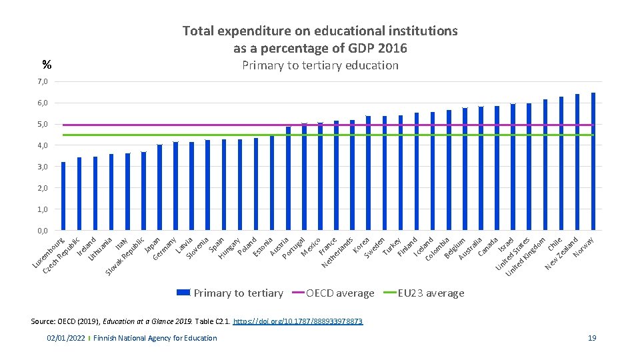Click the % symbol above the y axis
(x=47, y=65)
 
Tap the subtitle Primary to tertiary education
(x=320, y=65)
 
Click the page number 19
(x=592, y=338)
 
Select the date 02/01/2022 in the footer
(x=65, y=338)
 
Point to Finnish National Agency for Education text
(x=155, y=338)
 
